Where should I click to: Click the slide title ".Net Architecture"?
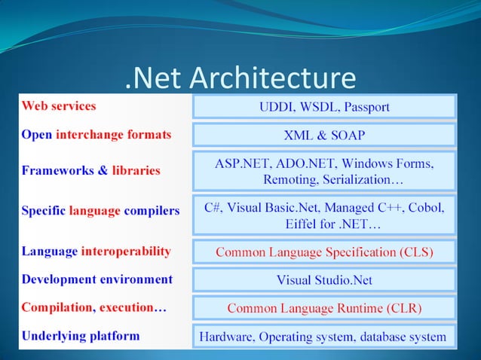click(239, 78)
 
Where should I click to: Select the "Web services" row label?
click(58, 106)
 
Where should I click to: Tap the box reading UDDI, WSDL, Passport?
click(324, 107)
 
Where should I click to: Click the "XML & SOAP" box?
click(324, 136)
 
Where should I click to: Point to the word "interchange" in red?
click(108, 135)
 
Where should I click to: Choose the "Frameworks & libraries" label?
click(91, 170)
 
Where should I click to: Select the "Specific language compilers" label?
click(100, 211)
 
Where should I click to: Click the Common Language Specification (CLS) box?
click(324, 252)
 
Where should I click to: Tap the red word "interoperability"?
click(126, 251)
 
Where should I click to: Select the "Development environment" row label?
click(97, 279)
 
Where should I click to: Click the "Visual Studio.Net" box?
click(324, 280)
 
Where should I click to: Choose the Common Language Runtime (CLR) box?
click(324, 308)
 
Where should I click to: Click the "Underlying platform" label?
click(81, 336)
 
